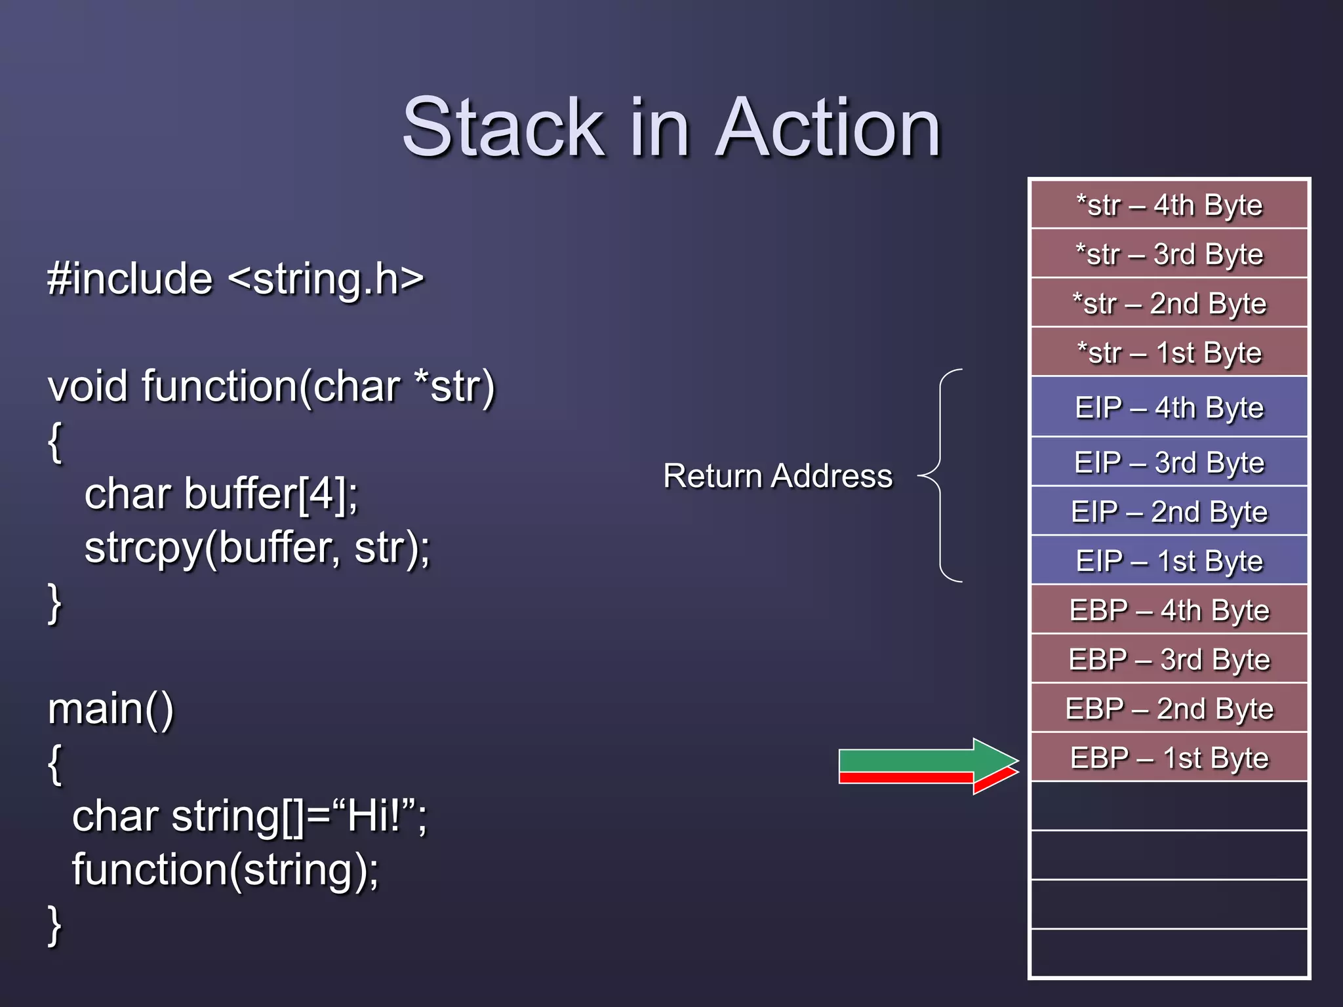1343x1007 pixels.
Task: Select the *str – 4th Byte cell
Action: point(1169,205)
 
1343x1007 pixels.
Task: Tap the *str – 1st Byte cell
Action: point(1169,353)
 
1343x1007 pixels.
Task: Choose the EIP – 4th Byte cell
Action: point(1169,407)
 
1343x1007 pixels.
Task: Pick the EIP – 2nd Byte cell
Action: point(1169,511)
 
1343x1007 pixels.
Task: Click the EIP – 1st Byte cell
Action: point(1169,561)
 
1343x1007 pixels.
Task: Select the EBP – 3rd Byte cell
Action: point(1169,659)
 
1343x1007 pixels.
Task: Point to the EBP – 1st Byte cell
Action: point(1169,757)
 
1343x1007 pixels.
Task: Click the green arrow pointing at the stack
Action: point(918,760)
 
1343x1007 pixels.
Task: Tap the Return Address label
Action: point(778,475)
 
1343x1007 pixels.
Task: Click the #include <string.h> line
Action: point(235,279)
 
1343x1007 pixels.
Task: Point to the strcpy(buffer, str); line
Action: point(257,547)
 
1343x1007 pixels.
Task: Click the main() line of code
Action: point(111,709)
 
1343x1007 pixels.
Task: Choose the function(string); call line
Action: point(225,869)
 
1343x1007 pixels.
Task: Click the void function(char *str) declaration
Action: point(271,386)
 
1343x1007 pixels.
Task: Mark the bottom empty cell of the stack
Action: point(1169,953)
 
